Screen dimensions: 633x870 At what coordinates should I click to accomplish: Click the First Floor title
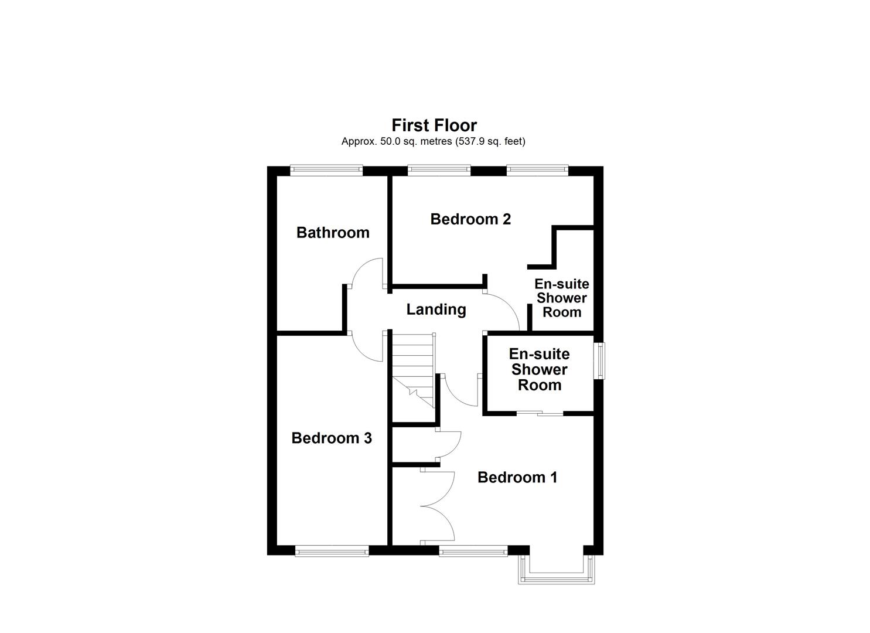434,125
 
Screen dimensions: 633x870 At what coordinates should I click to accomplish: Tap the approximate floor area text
434,141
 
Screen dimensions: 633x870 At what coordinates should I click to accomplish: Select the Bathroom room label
333,233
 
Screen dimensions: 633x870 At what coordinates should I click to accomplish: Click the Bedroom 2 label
470,219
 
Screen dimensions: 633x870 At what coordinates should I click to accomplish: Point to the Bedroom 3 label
332,438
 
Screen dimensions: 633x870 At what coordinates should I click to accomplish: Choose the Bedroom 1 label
517,477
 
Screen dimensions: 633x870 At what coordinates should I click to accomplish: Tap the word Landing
436,309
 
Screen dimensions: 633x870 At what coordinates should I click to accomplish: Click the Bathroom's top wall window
326,171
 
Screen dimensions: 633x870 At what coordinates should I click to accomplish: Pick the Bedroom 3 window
332,550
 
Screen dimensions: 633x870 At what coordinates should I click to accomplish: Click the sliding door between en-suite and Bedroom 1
540,414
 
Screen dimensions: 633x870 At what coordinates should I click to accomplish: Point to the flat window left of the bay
473,550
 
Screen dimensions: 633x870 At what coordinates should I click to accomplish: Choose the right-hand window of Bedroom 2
537,171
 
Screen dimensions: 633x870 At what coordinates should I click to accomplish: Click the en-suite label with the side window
539,369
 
